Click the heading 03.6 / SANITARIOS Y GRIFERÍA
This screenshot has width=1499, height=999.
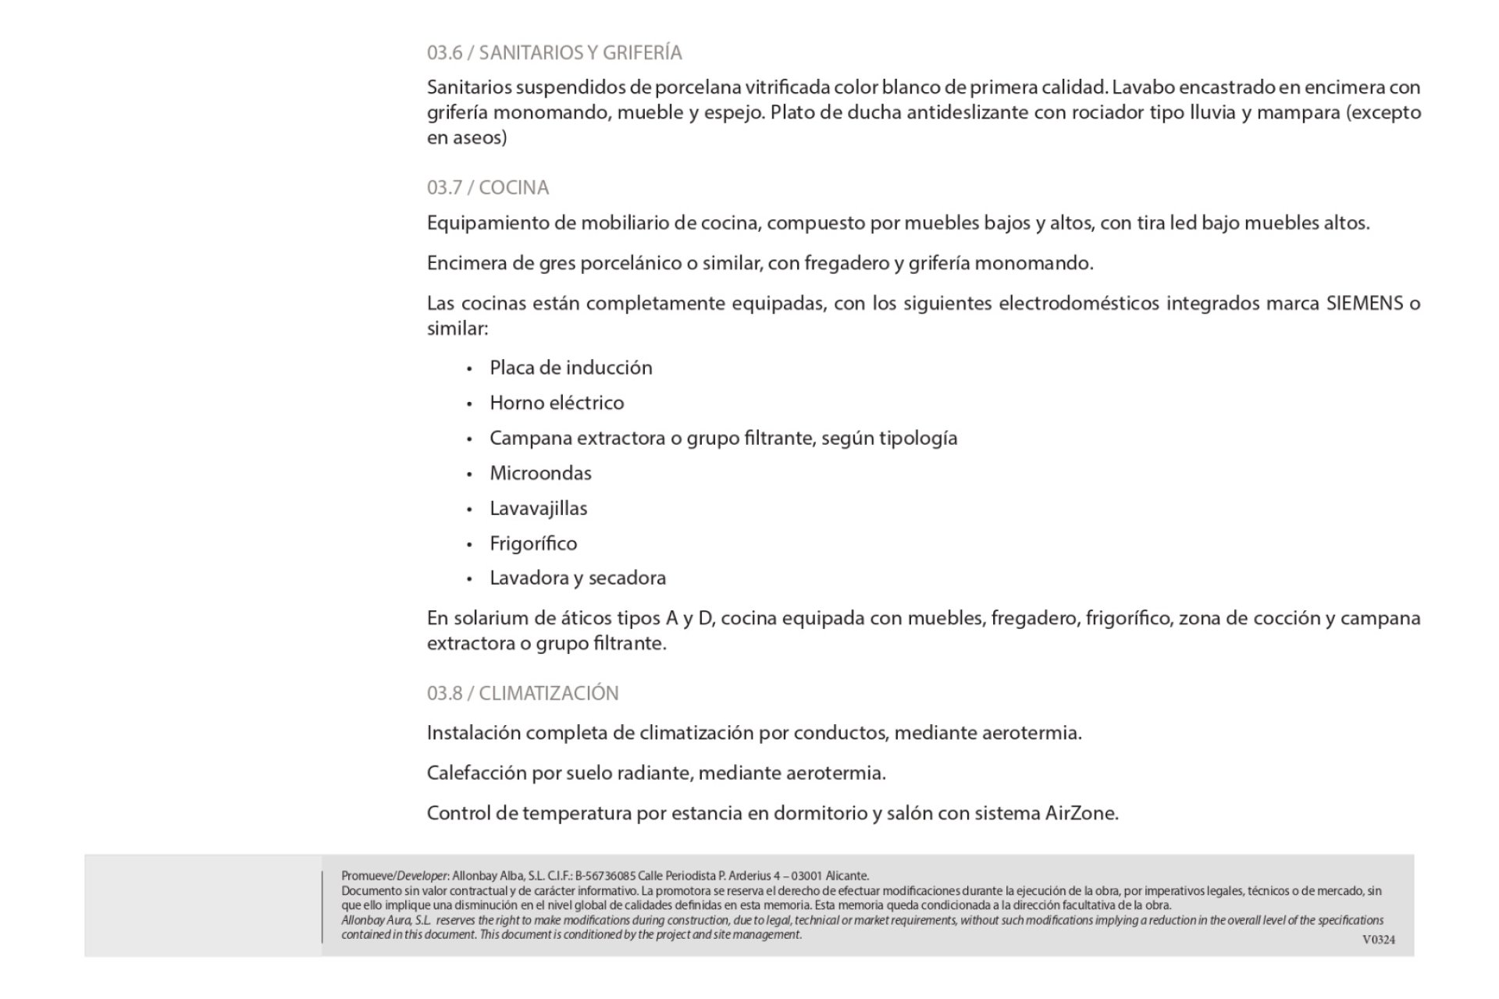[554, 52]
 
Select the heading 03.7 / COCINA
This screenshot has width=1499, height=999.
[488, 187]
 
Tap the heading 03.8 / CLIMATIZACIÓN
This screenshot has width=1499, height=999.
[522, 693]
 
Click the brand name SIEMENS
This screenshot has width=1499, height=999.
[1365, 303]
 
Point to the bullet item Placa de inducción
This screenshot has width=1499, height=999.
[571, 368]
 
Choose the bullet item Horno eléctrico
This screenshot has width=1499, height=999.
[557, 403]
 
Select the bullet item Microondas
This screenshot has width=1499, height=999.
[540, 473]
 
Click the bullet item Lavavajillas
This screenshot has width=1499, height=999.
[538, 508]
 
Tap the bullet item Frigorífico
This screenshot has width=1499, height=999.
[533, 543]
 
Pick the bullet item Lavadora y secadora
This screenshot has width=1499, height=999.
[578, 578]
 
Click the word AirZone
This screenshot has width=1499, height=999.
[1081, 813]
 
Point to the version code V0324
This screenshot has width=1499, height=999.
[1378, 940]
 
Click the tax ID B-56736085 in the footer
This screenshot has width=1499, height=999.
[605, 876]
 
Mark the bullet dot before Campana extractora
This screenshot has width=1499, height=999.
[469, 439]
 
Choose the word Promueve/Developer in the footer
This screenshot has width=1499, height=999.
[395, 876]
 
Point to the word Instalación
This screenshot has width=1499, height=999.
[473, 734]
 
